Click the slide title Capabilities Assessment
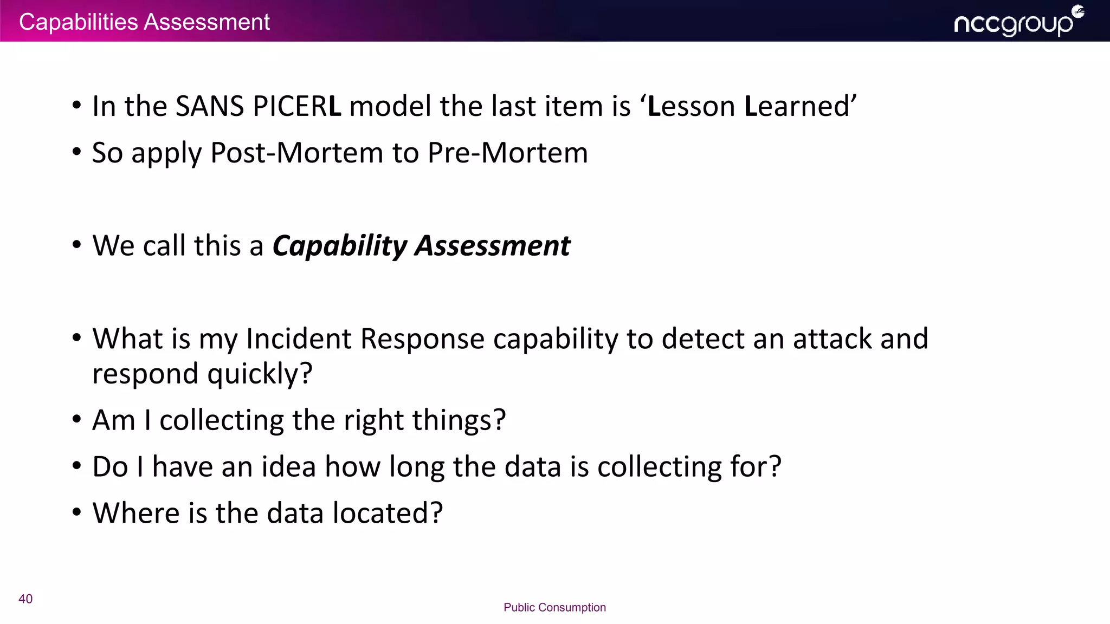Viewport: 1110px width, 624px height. point(144,22)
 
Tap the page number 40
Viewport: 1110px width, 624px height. point(25,599)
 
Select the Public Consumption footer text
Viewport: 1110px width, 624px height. point(554,607)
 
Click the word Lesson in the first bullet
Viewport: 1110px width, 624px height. point(692,106)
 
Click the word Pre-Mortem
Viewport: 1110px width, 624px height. point(507,153)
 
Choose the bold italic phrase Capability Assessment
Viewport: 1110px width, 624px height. point(421,246)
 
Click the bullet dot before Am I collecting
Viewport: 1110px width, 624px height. point(77,419)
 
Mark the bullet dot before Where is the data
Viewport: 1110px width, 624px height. point(77,512)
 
